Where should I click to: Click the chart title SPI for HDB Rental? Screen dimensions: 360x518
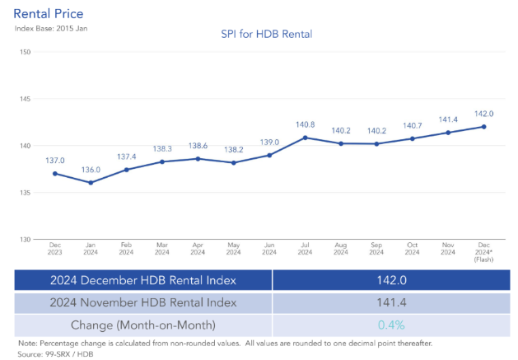pos(266,34)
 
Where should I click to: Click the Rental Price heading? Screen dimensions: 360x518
pos(49,14)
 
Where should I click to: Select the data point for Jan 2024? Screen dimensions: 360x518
pos(91,182)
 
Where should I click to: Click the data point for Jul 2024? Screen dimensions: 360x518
pos(306,138)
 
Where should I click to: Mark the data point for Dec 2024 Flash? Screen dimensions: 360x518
pos(483,126)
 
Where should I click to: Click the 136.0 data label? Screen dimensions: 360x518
pos(91,170)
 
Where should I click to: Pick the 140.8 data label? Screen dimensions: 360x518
pos(306,124)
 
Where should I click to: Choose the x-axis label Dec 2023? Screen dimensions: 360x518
pos(54,249)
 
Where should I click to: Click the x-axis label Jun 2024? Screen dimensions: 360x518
pos(269,249)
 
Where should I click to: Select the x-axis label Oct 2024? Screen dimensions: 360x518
pos(412,249)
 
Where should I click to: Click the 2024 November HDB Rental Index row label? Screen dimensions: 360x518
pos(143,302)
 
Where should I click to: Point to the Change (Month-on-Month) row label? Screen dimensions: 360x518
pos(143,325)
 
